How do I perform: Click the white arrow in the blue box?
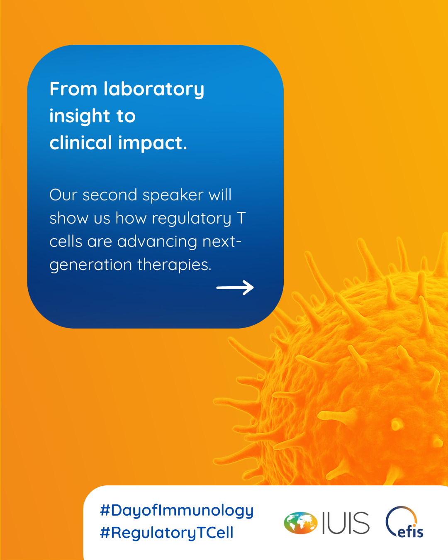click(x=235, y=287)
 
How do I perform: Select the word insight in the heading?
click(x=79, y=116)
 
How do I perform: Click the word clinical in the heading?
click(x=81, y=142)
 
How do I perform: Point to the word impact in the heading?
click(x=153, y=143)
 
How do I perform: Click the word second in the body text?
click(x=110, y=195)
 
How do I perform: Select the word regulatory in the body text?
click(x=192, y=219)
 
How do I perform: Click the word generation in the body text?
click(x=91, y=265)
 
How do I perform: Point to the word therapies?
click(x=174, y=265)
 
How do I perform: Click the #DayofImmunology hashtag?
click(x=177, y=511)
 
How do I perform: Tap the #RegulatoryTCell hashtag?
click(x=167, y=533)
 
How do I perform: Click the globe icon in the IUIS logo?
click(x=301, y=523)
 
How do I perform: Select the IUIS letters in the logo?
click(x=346, y=523)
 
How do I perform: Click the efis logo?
click(x=404, y=523)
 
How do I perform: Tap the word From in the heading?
click(x=73, y=89)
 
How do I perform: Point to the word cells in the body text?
click(x=66, y=242)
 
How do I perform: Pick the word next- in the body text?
click(x=222, y=242)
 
